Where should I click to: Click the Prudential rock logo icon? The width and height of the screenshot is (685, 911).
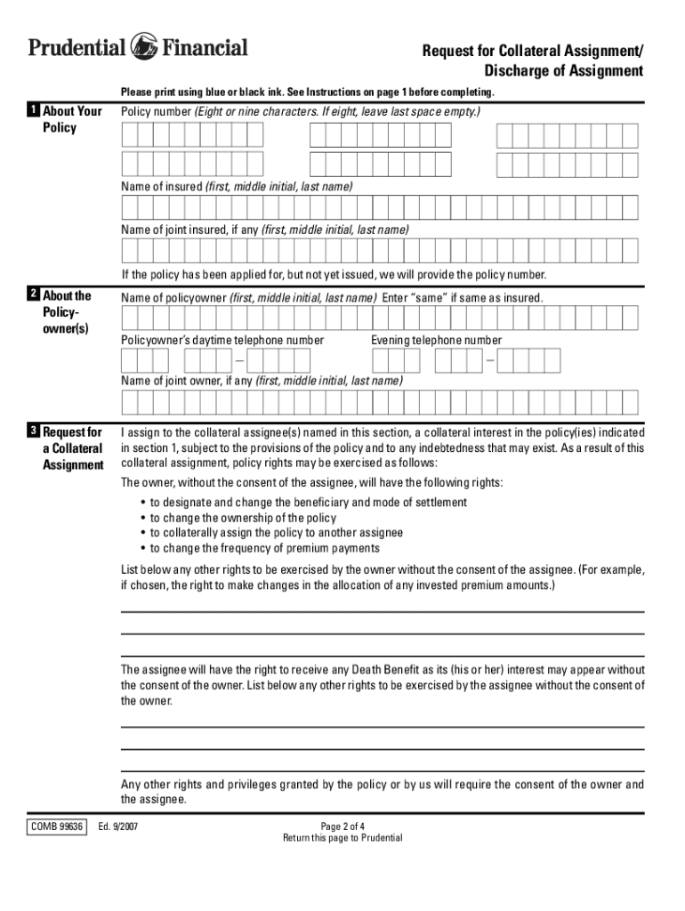point(144,45)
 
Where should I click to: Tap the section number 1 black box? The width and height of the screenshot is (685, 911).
point(32,111)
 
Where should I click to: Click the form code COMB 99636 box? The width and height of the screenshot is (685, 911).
point(56,826)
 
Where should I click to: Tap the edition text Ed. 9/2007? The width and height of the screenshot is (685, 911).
point(118,826)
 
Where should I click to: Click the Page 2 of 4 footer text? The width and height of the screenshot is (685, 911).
point(342,826)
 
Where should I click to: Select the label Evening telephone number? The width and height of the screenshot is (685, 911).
point(436,341)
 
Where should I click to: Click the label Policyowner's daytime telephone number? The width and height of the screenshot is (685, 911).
point(222,341)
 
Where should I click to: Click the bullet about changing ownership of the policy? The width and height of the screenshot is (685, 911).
point(242,518)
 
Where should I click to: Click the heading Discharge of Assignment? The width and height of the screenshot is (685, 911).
point(563,71)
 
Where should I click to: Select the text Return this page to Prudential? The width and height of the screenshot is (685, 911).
point(342,838)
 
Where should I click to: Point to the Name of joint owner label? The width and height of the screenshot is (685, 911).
point(262,381)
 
